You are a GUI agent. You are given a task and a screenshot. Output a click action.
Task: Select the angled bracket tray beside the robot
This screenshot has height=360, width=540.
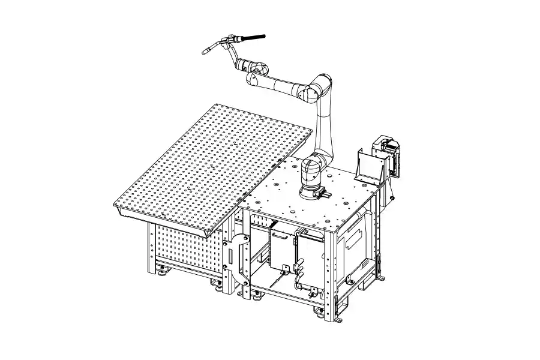tap(368, 165)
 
